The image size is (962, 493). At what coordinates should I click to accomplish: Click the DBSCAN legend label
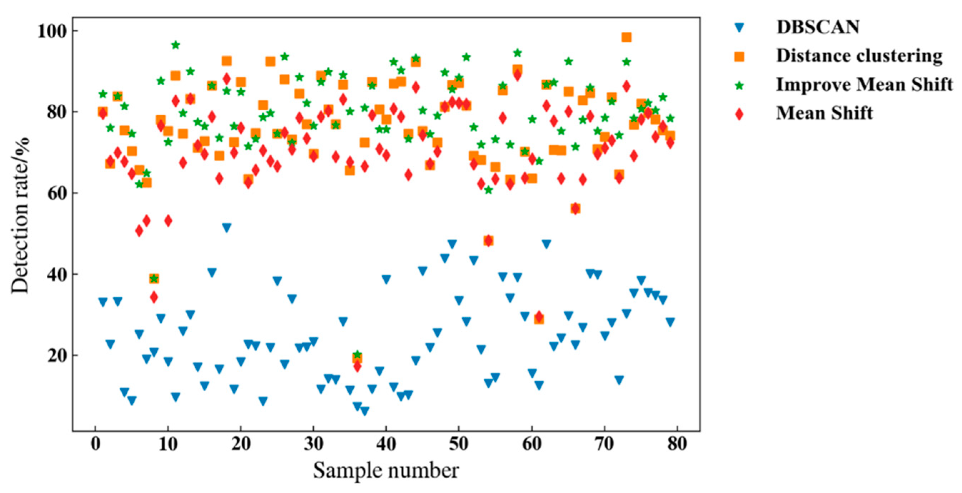[818, 27]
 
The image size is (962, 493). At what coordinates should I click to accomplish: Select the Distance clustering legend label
[859, 56]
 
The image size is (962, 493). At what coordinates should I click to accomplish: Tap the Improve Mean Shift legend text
[864, 84]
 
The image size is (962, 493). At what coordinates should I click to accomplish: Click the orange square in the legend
[739, 56]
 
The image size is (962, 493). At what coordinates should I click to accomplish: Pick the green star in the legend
[739, 85]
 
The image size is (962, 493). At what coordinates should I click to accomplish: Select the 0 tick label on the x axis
[95, 444]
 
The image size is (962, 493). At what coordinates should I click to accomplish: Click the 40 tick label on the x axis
[386, 444]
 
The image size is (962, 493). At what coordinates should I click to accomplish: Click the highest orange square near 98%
[626, 37]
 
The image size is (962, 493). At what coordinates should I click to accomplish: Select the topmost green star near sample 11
[176, 45]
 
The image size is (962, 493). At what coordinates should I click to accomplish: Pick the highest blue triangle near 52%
[226, 228]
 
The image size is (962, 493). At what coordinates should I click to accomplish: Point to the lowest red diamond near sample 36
[357, 366]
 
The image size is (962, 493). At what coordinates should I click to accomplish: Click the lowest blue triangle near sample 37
[364, 411]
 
